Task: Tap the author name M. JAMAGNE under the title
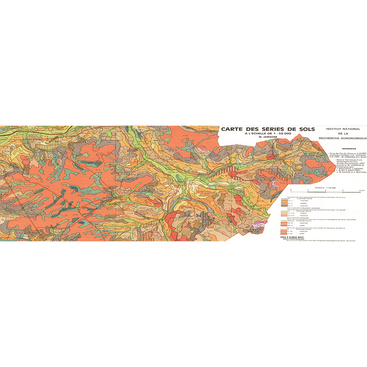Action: [x=268, y=137]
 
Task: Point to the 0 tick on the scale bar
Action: [x=291, y=191]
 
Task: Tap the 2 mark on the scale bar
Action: [x=325, y=191]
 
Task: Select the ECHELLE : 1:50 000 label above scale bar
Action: [x=325, y=186]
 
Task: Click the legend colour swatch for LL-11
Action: [x=284, y=201]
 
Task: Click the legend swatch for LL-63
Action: [x=284, y=234]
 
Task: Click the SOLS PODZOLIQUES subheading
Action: [x=294, y=239]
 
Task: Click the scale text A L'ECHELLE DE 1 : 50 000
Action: [x=268, y=133]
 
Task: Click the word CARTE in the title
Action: [x=232, y=129]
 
